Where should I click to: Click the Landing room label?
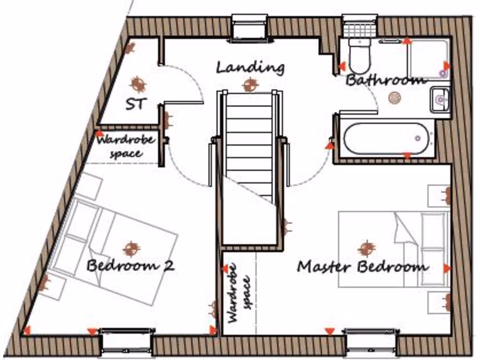[x=250, y=67]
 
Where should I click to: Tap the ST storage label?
[x=136, y=104]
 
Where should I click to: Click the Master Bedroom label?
[x=362, y=267]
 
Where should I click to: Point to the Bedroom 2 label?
[x=130, y=266]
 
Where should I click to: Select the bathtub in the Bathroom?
[x=386, y=138]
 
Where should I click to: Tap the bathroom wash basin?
[x=440, y=99]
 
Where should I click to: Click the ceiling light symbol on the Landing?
[x=250, y=85]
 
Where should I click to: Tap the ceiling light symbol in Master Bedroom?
[x=366, y=248]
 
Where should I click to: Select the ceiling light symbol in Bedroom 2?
[x=131, y=248]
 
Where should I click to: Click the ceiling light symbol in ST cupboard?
[x=138, y=84]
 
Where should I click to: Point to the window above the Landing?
[x=249, y=28]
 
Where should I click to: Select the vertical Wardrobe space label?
[x=240, y=292]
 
